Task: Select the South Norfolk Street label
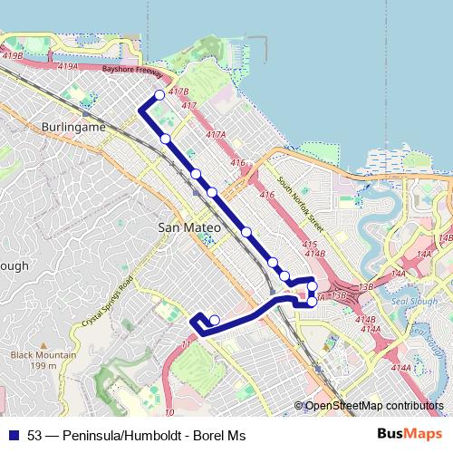[301, 200]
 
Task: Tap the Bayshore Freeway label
[131, 69]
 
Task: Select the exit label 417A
[215, 134]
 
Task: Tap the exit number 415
[310, 244]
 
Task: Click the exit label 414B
[364, 319]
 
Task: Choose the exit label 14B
[444, 238]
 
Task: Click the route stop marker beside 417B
[160, 95]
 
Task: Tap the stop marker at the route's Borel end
[214, 319]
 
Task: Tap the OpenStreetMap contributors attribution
[373, 406]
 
